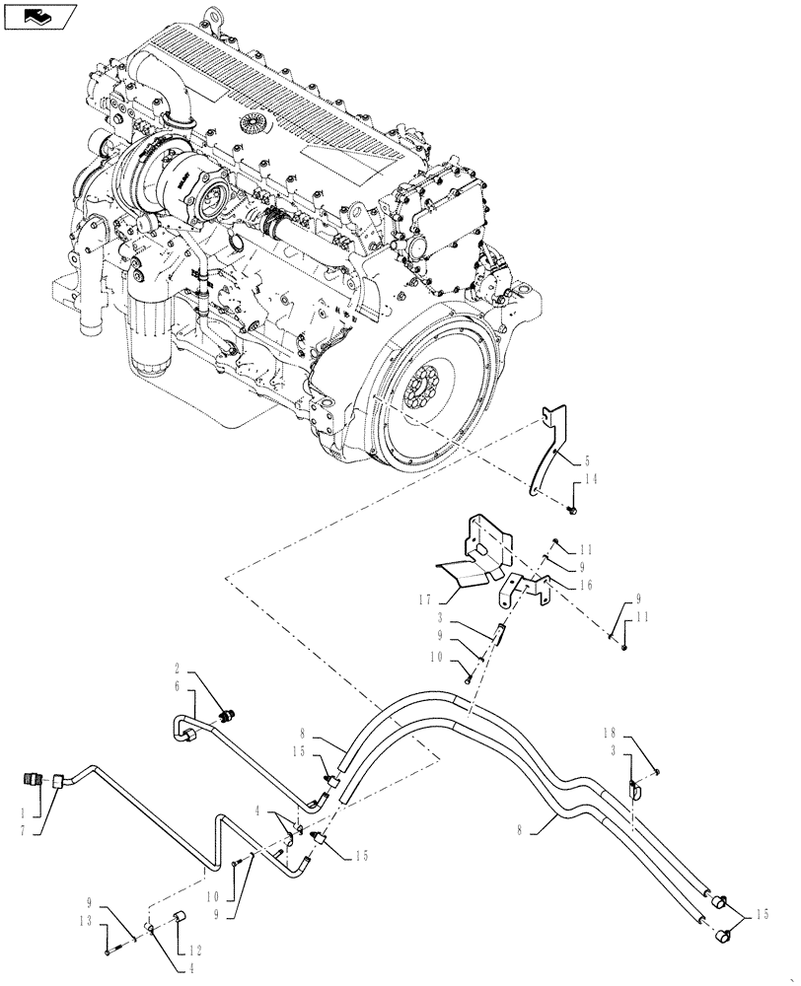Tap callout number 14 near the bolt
[x=590, y=480]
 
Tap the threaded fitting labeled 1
[x=33, y=780]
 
